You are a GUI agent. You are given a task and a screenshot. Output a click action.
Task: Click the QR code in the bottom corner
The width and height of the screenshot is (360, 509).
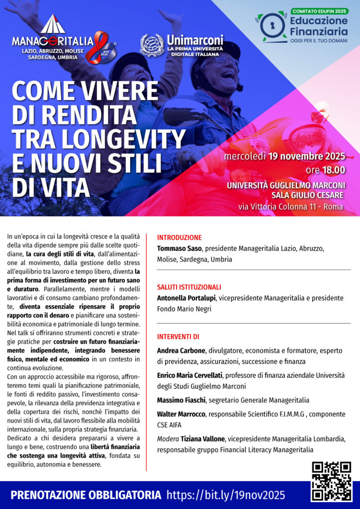coord(331,481)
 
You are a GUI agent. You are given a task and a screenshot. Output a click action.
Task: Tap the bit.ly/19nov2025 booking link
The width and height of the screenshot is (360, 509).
coord(226,495)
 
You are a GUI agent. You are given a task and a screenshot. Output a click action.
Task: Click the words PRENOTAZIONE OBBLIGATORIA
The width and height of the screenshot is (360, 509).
coord(86,495)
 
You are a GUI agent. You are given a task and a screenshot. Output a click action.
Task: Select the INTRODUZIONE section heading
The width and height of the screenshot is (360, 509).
coord(179,238)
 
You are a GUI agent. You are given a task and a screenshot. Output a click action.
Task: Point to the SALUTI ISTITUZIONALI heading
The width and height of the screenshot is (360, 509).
coord(189,287)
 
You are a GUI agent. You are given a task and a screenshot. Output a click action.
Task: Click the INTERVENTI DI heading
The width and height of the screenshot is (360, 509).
coord(178,337)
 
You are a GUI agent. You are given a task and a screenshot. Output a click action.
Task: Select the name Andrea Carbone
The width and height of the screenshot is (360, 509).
coord(181,350)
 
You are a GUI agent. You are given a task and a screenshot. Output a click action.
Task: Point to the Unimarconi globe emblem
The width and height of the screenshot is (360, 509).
coord(152,45)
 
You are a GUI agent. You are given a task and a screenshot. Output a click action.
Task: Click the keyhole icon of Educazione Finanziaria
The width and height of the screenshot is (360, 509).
coord(272,27)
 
